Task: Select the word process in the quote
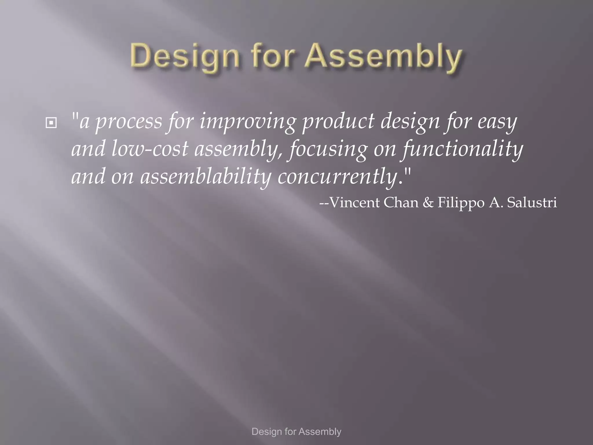coord(129,122)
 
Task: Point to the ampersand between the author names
coord(428,203)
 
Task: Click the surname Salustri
coord(532,203)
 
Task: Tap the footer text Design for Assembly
coord(296,432)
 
